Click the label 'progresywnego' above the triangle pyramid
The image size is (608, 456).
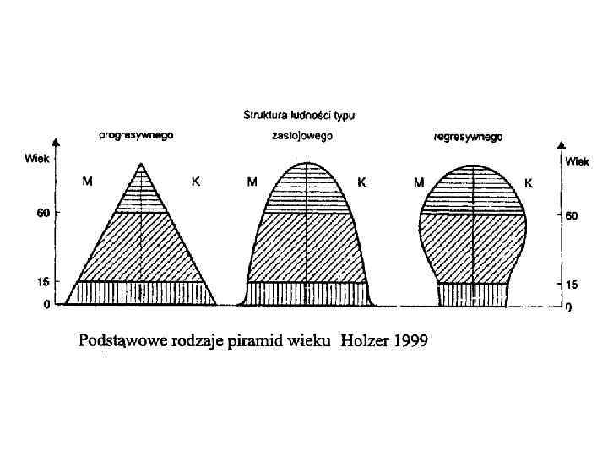pyautogui.click(x=136, y=136)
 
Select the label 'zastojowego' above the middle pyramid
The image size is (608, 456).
pyautogui.click(x=302, y=136)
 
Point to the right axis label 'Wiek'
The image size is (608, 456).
pyautogui.click(x=578, y=160)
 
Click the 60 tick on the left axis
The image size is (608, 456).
pyautogui.click(x=41, y=213)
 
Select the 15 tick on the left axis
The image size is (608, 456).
pyautogui.click(x=41, y=281)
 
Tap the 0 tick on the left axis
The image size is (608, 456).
pyautogui.click(x=46, y=304)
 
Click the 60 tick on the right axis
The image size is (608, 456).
pyautogui.click(x=571, y=216)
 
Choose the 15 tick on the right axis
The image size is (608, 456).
pyautogui.click(x=571, y=285)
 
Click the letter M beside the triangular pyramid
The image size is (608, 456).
pyautogui.click(x=88, y=181)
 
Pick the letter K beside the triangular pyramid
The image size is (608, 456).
pyautogui.click(x=195, y=181)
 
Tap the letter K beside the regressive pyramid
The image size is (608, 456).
pyautogui.click(x=529, y=182)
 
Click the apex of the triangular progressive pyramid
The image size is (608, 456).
pyautogui.click(x=140, y=164)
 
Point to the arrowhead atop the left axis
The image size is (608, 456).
pyautogui.click(x=55, y=142)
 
